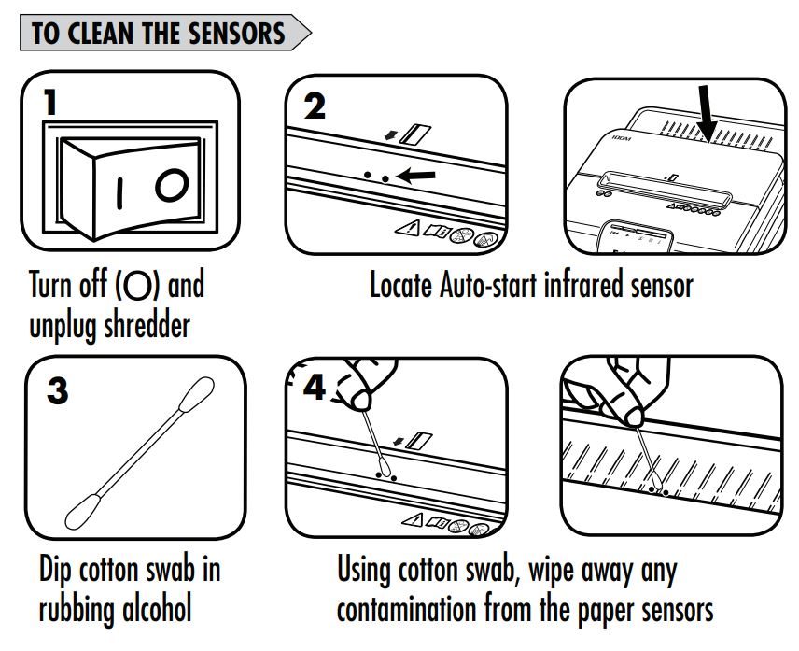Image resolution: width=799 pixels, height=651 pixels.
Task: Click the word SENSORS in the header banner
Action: point(236,33)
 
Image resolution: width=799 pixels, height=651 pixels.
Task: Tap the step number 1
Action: point(50,102)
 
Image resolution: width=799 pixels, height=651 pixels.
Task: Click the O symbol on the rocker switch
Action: point(173,185)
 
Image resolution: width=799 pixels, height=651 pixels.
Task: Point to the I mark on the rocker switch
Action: point(119,193)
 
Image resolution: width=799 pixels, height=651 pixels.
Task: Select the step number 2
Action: point(315,106)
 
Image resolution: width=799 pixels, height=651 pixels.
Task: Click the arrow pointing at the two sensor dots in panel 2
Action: point(415,176)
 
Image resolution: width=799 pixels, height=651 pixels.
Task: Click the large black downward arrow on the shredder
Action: point(707,113)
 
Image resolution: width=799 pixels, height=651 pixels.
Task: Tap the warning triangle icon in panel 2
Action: point(408,228)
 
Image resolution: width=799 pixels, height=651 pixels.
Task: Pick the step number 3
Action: point(58,391)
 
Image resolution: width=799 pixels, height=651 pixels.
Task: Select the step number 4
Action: point(314,388)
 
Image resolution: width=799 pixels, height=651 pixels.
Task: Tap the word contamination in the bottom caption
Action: point(406,610)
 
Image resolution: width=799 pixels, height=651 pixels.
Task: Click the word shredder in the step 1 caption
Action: point(147,325)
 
